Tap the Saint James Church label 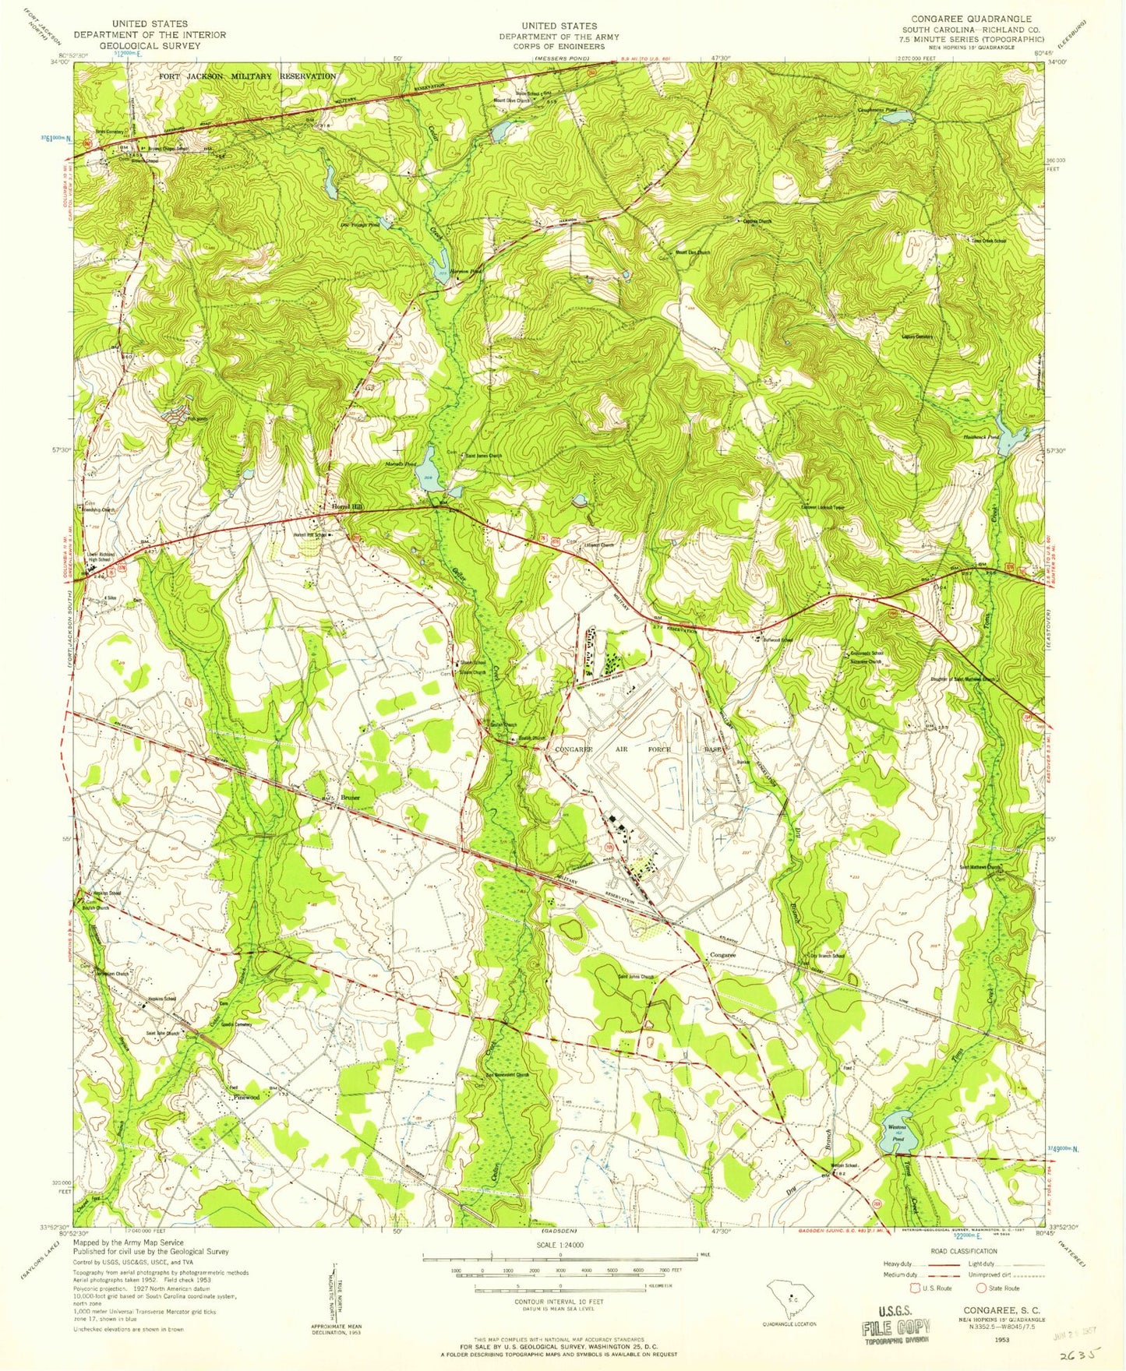pos(483,456)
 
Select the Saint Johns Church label pos(637,977)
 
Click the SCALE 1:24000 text pos(559,1246)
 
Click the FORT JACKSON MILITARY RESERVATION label pos(247,76)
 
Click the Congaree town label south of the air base pos(722,955)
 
